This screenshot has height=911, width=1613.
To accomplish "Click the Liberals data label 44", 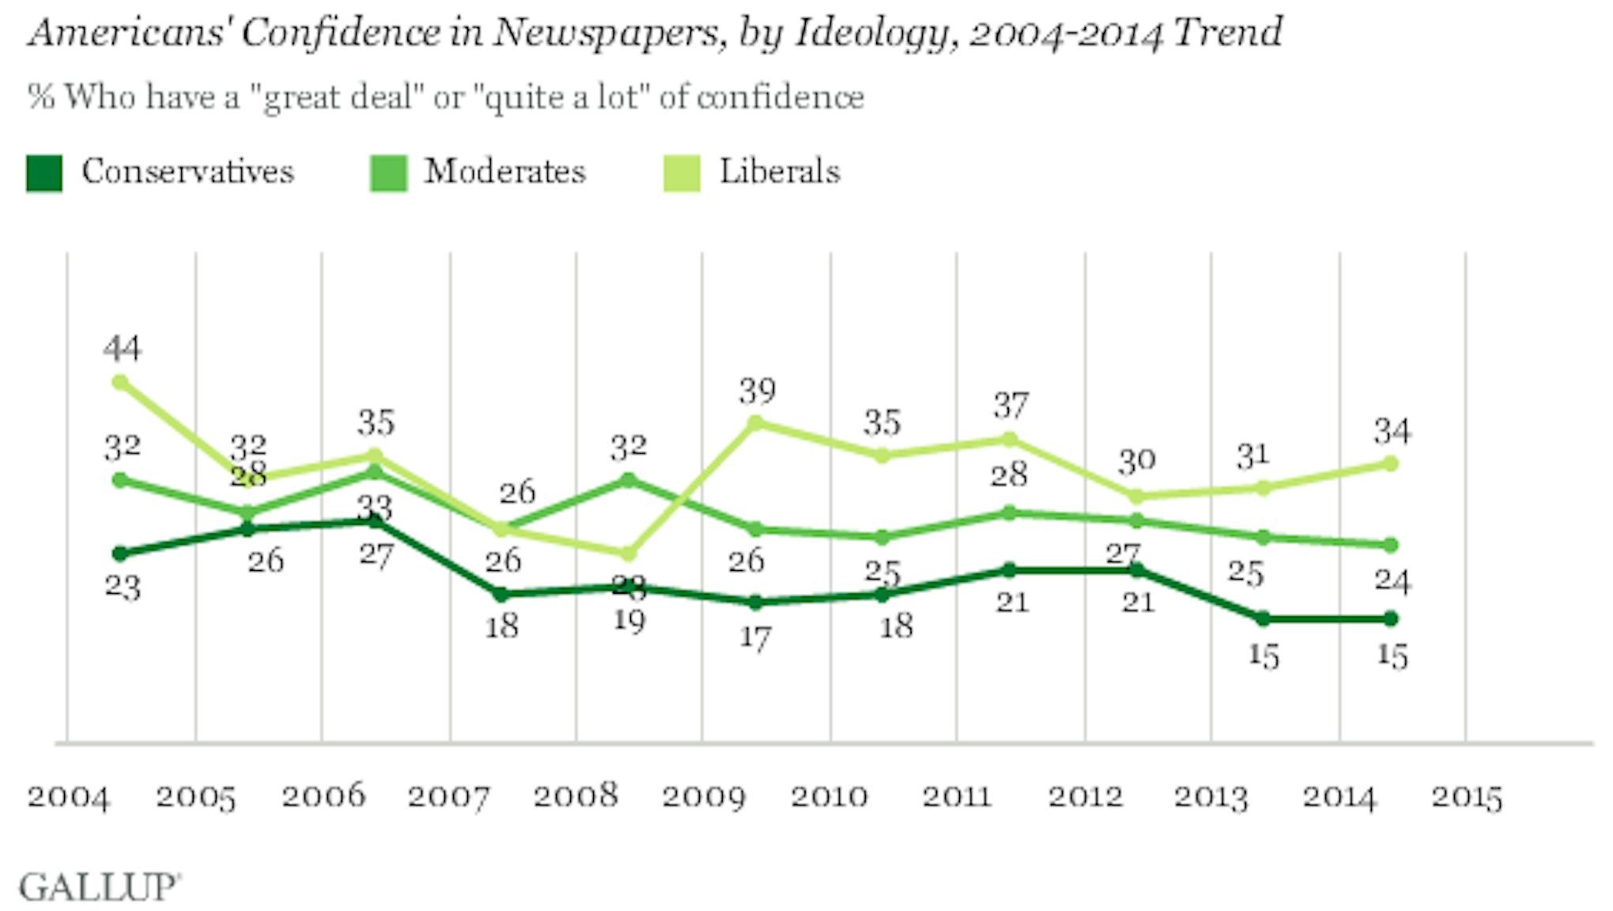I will [122, 348].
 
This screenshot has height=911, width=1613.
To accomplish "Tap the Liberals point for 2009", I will [755, 423].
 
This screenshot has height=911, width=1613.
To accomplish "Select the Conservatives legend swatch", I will [44, 173].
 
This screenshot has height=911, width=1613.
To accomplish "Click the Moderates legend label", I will [504, 172].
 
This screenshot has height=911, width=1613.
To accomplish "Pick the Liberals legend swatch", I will [682, 173].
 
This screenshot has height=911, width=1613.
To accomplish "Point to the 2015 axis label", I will [1466, 797].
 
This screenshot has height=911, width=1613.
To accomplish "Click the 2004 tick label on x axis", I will [68, 797].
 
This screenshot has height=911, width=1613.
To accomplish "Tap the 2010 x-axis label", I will [829, 797].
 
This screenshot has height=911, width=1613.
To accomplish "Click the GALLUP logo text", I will [100, 887].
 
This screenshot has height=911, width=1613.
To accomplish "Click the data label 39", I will [757, 391].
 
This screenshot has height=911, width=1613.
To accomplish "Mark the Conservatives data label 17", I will [755, 637].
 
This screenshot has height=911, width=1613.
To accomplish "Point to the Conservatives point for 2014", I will [1391, 618].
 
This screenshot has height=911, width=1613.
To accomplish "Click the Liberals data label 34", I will [1391, 432].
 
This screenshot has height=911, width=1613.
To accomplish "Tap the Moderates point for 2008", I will [628, 480].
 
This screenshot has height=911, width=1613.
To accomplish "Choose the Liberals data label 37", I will [1010, 406].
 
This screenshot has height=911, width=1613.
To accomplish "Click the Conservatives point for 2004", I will [120, 554].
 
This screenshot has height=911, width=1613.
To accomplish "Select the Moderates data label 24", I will [1391, 581].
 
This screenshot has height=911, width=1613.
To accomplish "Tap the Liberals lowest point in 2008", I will [628, 554].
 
